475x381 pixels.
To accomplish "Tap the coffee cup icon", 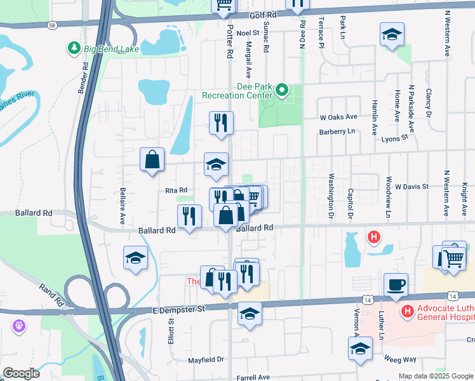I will [x=396, y=284].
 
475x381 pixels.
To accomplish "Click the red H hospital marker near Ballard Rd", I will [x=374, y=238].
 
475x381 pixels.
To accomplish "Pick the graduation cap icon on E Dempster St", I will [x=250, y=313].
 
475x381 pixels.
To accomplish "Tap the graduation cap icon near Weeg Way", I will [x=360, y=349].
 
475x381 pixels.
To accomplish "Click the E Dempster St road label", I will [x=180, y=309].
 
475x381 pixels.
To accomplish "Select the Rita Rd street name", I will [x=176, y=190].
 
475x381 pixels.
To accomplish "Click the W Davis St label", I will [x=411, y=187].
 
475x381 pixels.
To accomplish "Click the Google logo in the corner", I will [x=21, y=373].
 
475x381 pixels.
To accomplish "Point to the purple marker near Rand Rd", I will [x=18, y=326].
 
